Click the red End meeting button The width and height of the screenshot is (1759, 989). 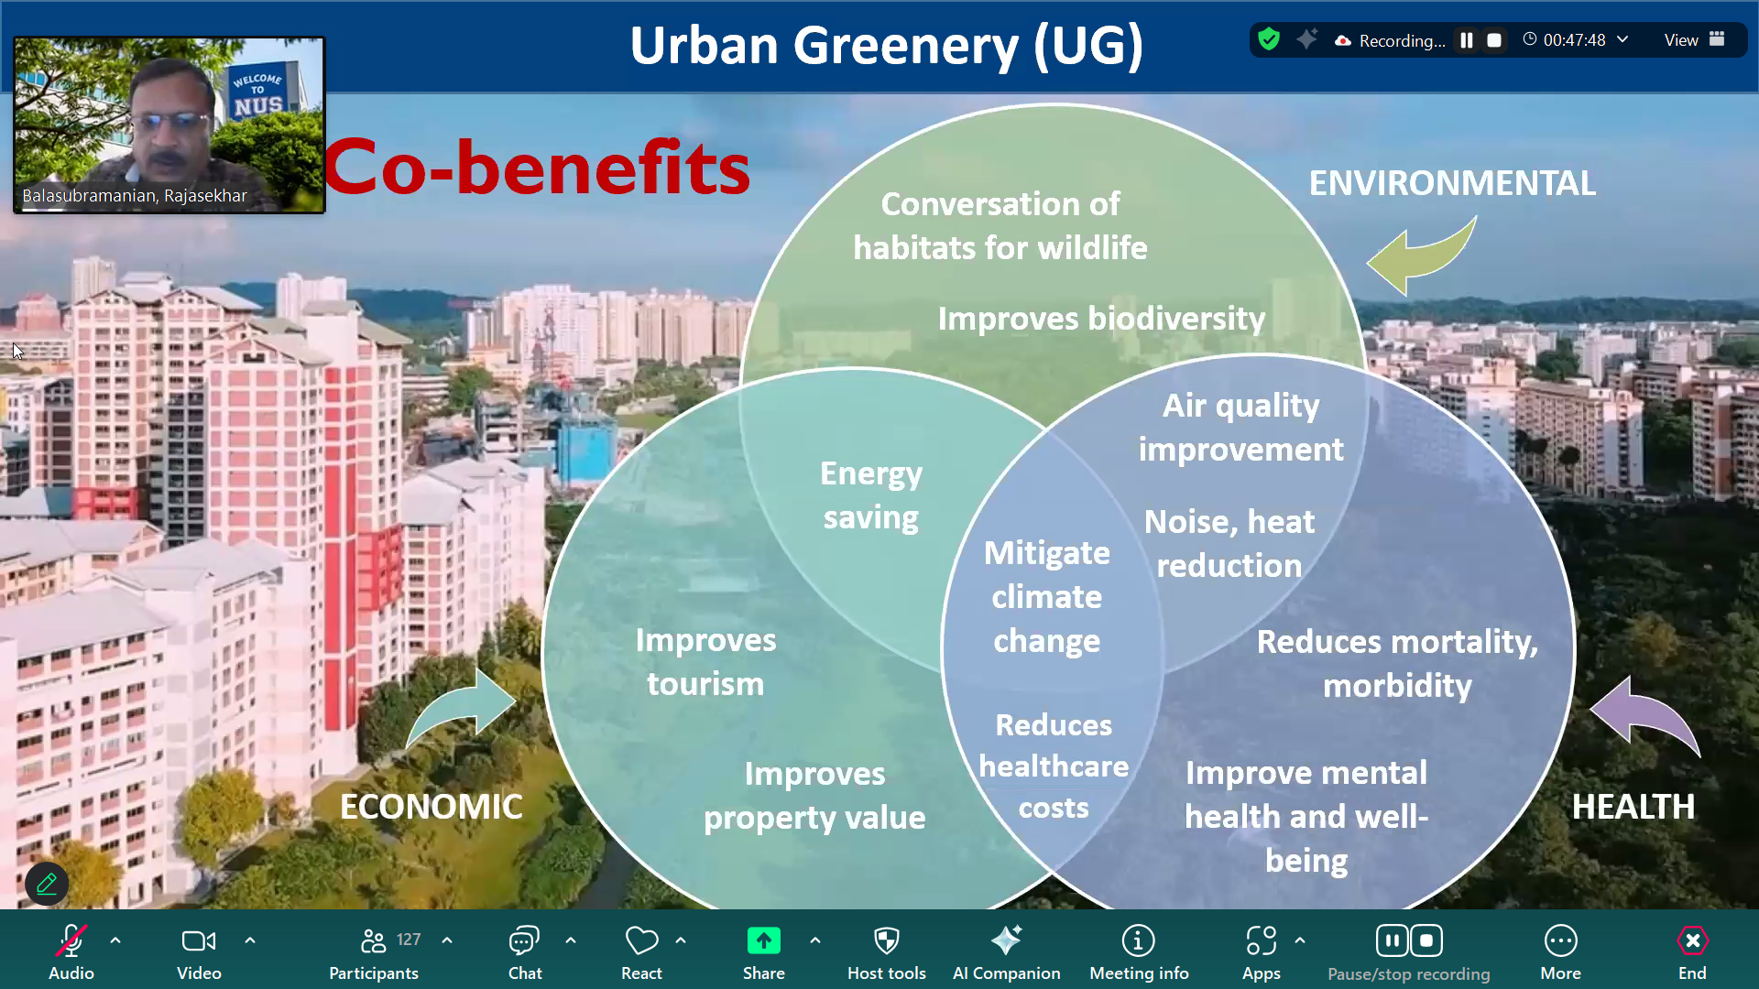(1692, 940)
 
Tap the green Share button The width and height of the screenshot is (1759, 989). (763, 940)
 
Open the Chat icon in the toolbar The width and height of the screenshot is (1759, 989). (524, 940)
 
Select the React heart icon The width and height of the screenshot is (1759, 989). (641, 940)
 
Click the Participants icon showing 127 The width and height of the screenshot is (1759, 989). (374, 940)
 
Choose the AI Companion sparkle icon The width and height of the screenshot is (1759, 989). (1006, 940)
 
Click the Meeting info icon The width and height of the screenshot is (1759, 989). (1138, 940)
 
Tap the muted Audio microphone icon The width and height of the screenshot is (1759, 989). (71, 940)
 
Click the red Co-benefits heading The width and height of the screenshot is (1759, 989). (537, 168)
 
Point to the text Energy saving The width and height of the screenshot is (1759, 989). (870, 495)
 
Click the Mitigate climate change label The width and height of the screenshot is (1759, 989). (1046, 597)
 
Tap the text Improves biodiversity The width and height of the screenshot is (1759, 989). (1101, 319)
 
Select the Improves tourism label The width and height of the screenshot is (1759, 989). (705, 662)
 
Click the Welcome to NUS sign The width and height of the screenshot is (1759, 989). (257, 93)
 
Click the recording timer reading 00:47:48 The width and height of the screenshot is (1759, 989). (1574, 40)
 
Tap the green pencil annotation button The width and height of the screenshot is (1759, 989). (47, 884)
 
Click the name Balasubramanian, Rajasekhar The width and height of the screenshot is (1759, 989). (135, 196)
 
